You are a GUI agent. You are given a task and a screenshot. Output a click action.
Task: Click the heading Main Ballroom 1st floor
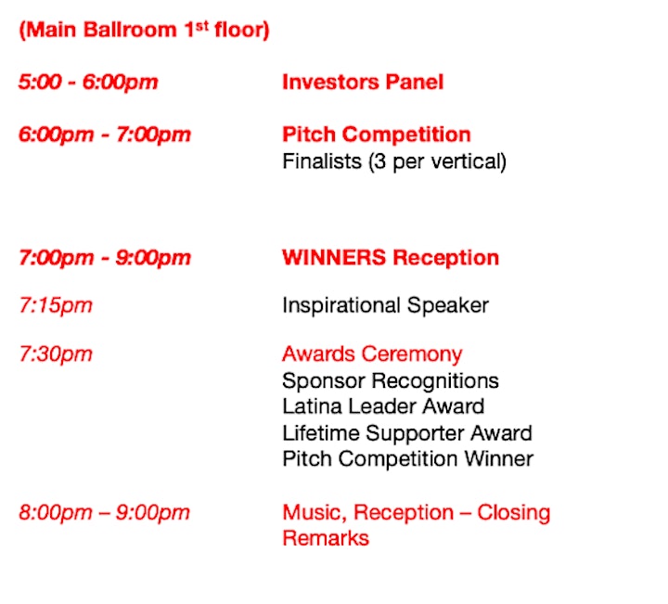[x=144, y=30]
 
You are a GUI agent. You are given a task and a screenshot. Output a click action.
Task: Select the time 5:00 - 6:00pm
[x=88, y=82]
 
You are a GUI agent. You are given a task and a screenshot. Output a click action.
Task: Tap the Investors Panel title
[x=363, y=82]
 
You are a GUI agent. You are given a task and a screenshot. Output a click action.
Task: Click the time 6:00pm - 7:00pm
[x=105, y=135]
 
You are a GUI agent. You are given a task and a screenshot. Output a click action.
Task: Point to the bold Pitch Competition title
[x=377, y=135]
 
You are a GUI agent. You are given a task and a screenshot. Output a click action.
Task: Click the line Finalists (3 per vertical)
[x=394, y=161]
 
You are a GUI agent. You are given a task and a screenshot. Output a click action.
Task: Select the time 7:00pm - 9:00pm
[x=105, y=258]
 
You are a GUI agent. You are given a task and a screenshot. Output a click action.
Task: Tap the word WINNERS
[x=334, y=257]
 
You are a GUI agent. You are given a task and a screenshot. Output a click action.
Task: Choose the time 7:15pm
[x=56, y=305]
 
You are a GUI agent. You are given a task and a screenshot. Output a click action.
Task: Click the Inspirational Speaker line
[x=386, y=306]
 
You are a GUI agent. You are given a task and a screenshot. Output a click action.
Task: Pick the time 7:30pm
[x=56, y=354]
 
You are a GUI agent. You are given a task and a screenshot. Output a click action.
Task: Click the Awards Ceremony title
[x=372, y=354]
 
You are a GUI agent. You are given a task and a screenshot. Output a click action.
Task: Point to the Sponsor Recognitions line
[x=391, y=380]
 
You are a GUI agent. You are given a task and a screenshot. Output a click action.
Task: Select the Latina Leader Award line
[x=383, y=406]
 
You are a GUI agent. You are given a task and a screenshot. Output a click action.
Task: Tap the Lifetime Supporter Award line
[x=407, y=433]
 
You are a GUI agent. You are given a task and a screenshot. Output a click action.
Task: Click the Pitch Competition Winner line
[x=407, y=459]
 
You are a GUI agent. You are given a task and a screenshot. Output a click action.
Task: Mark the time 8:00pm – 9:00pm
[x=104, y=512]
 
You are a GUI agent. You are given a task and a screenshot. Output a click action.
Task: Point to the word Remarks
[x=326, y=538]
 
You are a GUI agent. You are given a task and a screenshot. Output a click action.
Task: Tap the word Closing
[x=514, y=513]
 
